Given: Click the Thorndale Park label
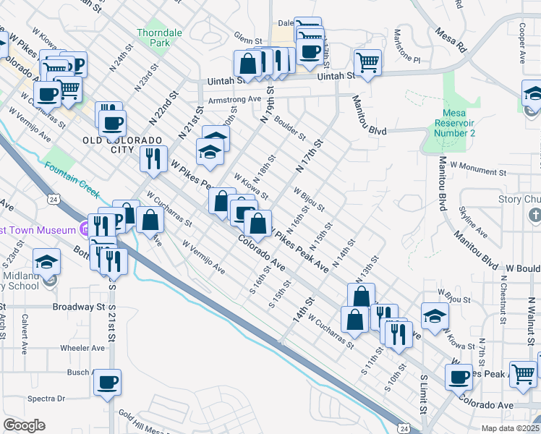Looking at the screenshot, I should point(153,38).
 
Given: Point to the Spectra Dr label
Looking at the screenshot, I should point(46,399).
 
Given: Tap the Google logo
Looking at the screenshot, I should point(24,425).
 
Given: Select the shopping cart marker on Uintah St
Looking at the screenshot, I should point(367,63).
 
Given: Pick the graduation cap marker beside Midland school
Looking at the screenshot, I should point(47,261).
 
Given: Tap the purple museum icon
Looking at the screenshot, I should point(85,230).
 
